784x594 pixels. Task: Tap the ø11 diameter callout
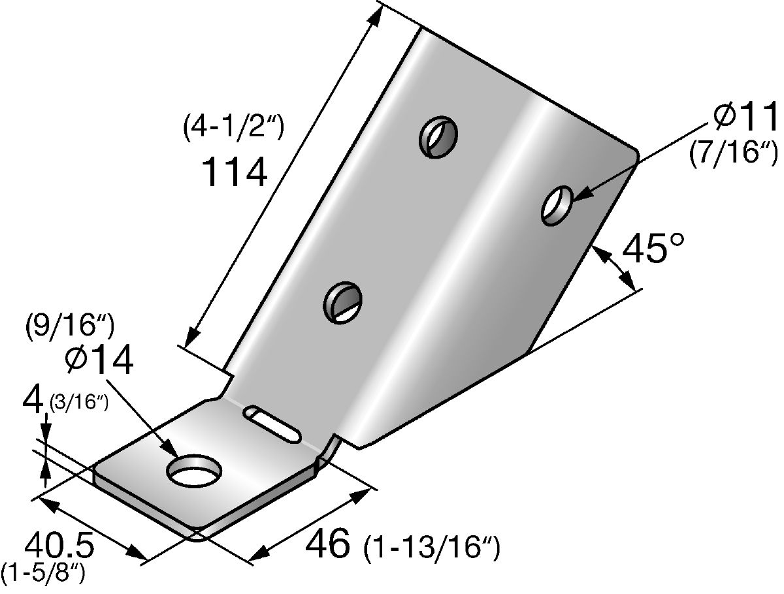[746, 117]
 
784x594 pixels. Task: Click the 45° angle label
[653, 247]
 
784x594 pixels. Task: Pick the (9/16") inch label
[70, 326]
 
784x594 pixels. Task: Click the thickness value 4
[33, 401]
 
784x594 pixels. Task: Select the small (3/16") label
[79, 403]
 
